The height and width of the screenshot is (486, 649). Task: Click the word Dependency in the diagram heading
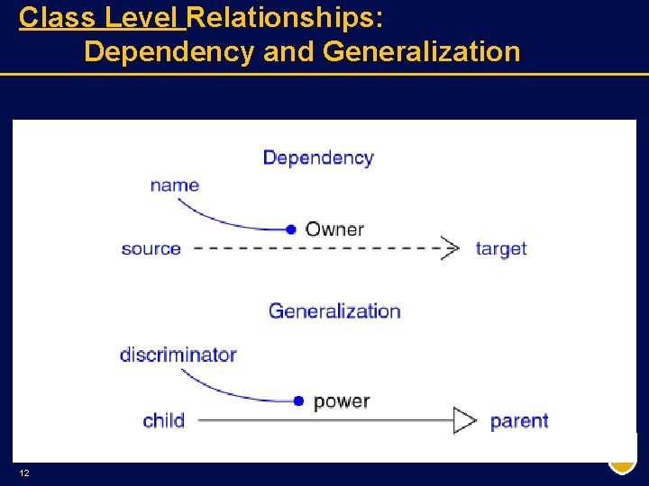click(x=317, y=158)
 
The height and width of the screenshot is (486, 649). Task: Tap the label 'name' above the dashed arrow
click(x=175, y=185)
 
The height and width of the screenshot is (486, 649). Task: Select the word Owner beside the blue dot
click(x=334, y=229)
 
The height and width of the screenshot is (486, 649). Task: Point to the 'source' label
click(x=151, y=248)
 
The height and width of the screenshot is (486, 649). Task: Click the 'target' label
click(x=501, y=248)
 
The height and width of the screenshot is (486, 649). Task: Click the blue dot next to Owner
click(x=291, y=229)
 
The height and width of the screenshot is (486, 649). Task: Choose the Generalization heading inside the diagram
click(x=334, y=311)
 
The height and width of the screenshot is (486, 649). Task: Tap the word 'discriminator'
click(x=178, y=355)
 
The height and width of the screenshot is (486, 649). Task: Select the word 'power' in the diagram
click(x=342, y=401)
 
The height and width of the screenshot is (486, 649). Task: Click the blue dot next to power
click(x=298, y=401)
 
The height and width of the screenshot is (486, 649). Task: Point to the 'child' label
click(x=163, y=420)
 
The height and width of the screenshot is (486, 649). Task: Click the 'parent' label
click(x=519, y=420)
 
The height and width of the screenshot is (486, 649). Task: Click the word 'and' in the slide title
click(x=288, y=51)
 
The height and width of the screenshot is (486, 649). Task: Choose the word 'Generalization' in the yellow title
click(x=421, y=51)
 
